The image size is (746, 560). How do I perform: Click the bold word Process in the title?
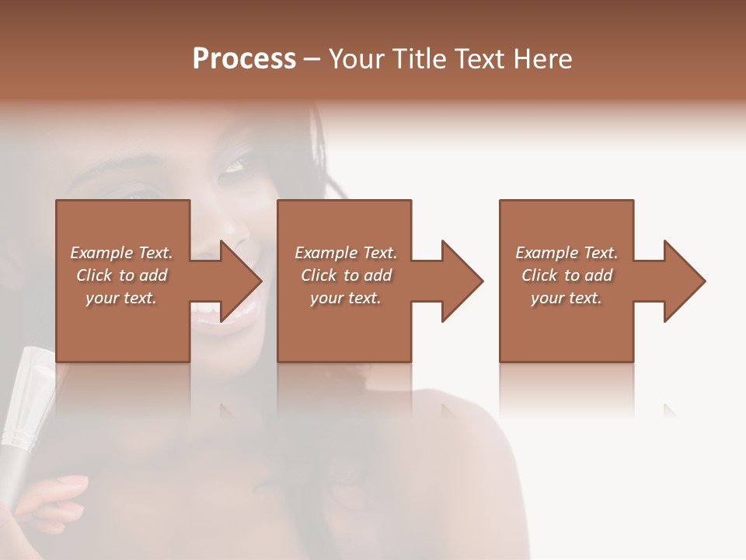(244, 59)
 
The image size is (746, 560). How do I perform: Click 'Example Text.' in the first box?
(121, 253)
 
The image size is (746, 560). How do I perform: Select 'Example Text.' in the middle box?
(345, 253)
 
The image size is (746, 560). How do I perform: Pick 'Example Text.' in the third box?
(566, 253)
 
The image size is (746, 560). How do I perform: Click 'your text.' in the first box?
(121, 298)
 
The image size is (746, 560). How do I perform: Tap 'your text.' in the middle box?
(345, 298)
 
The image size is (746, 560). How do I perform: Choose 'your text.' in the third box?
(566, 298)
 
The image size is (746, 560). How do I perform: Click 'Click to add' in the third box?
(566, 275)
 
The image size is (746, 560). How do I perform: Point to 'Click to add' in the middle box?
(345, 275)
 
